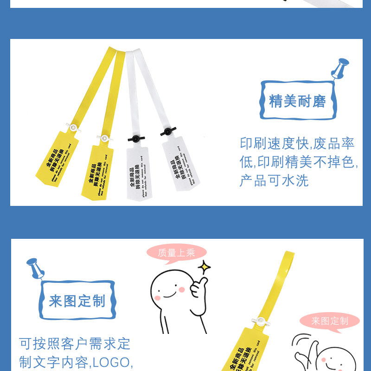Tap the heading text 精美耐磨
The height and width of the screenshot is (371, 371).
pos(298,101)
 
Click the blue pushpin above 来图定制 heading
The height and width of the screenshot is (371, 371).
pos(34,268)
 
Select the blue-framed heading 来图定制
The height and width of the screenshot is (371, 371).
pos(77,301)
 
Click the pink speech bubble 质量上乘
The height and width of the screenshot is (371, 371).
pos(176,253)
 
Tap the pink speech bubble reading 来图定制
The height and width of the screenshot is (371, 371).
pos(330,321)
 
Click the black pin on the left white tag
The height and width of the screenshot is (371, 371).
pos(135,138)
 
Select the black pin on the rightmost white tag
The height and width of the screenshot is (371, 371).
pos(167,132)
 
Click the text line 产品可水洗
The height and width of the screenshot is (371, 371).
pos(274,180)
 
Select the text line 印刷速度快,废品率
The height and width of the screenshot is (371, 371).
pos(297,143)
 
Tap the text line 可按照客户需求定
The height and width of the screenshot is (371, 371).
pos(75,344)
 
